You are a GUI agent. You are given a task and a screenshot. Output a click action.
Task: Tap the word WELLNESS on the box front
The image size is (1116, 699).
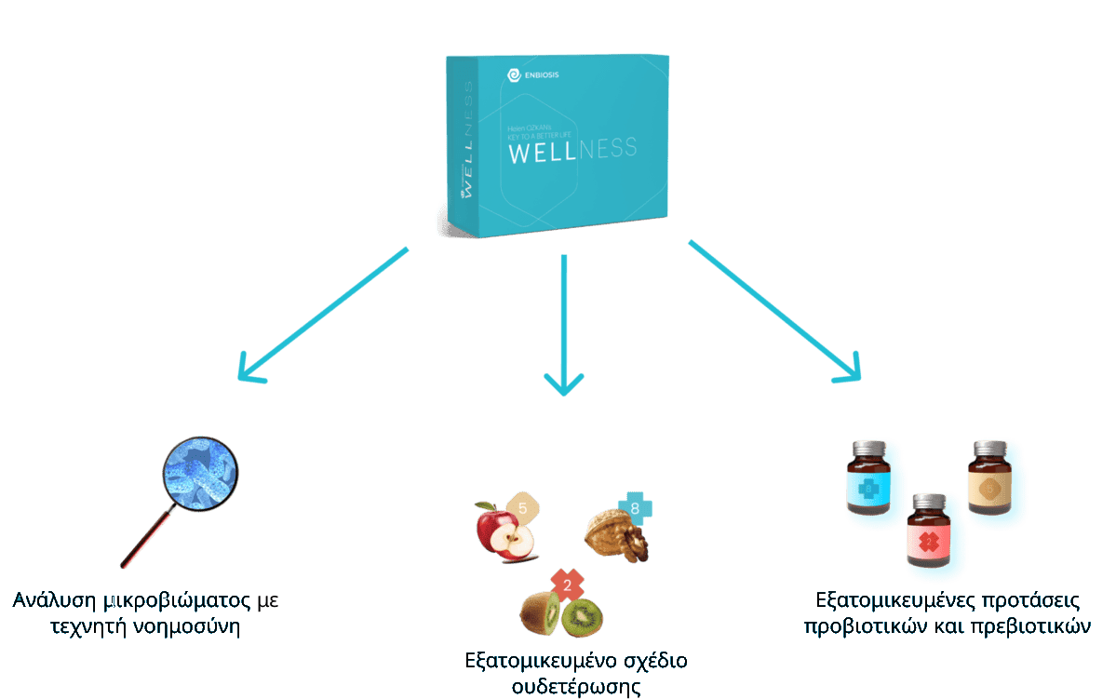pos(571,150)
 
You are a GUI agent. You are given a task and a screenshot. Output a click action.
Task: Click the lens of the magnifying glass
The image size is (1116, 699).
pos(200,471)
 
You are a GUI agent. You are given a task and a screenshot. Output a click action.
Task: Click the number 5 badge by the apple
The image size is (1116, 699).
pos(522,508)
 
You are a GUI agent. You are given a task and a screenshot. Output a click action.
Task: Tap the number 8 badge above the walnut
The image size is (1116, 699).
pos(635,508)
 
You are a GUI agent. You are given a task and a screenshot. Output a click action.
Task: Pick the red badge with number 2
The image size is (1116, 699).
pos(567,585)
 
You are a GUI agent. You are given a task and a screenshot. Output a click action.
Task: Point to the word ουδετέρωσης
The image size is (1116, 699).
pos(576,687)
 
